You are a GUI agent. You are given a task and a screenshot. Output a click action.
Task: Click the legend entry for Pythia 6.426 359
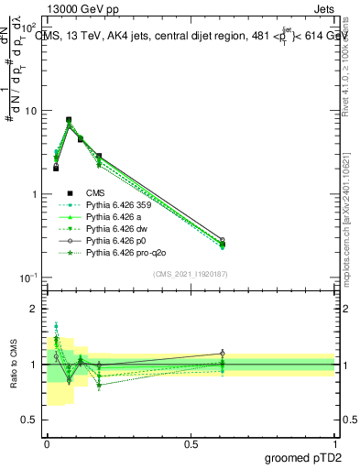coord(117,206)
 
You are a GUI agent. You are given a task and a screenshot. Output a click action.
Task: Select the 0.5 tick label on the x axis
coord(191,442)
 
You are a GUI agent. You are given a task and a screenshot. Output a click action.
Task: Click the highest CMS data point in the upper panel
coord(69,120)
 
